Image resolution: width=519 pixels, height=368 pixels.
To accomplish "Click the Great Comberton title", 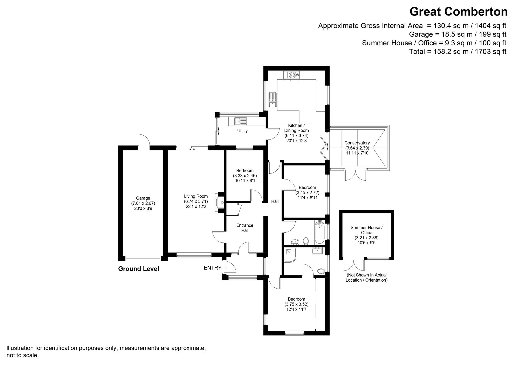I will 458,12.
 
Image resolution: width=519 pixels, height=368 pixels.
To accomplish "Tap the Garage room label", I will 143,198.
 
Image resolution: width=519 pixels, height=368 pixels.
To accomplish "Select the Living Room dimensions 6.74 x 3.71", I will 196,201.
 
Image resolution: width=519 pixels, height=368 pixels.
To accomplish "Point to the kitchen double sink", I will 272,100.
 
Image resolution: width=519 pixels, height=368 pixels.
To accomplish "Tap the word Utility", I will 242,131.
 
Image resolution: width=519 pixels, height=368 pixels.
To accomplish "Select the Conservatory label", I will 357,143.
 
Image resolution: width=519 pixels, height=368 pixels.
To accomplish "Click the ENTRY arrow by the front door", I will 225,268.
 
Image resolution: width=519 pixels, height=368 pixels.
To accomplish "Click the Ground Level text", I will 139,269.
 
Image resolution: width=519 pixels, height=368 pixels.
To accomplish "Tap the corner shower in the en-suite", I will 290,255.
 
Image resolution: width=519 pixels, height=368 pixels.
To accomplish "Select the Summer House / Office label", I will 366,230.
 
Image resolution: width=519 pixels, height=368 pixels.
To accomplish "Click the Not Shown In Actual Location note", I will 366,277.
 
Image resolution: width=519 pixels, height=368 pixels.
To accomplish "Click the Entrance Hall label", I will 245,228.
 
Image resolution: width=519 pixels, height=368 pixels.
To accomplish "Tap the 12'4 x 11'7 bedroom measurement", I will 296,309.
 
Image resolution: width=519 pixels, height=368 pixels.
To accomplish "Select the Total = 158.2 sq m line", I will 458,52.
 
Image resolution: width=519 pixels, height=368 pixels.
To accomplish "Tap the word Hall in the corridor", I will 275,201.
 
